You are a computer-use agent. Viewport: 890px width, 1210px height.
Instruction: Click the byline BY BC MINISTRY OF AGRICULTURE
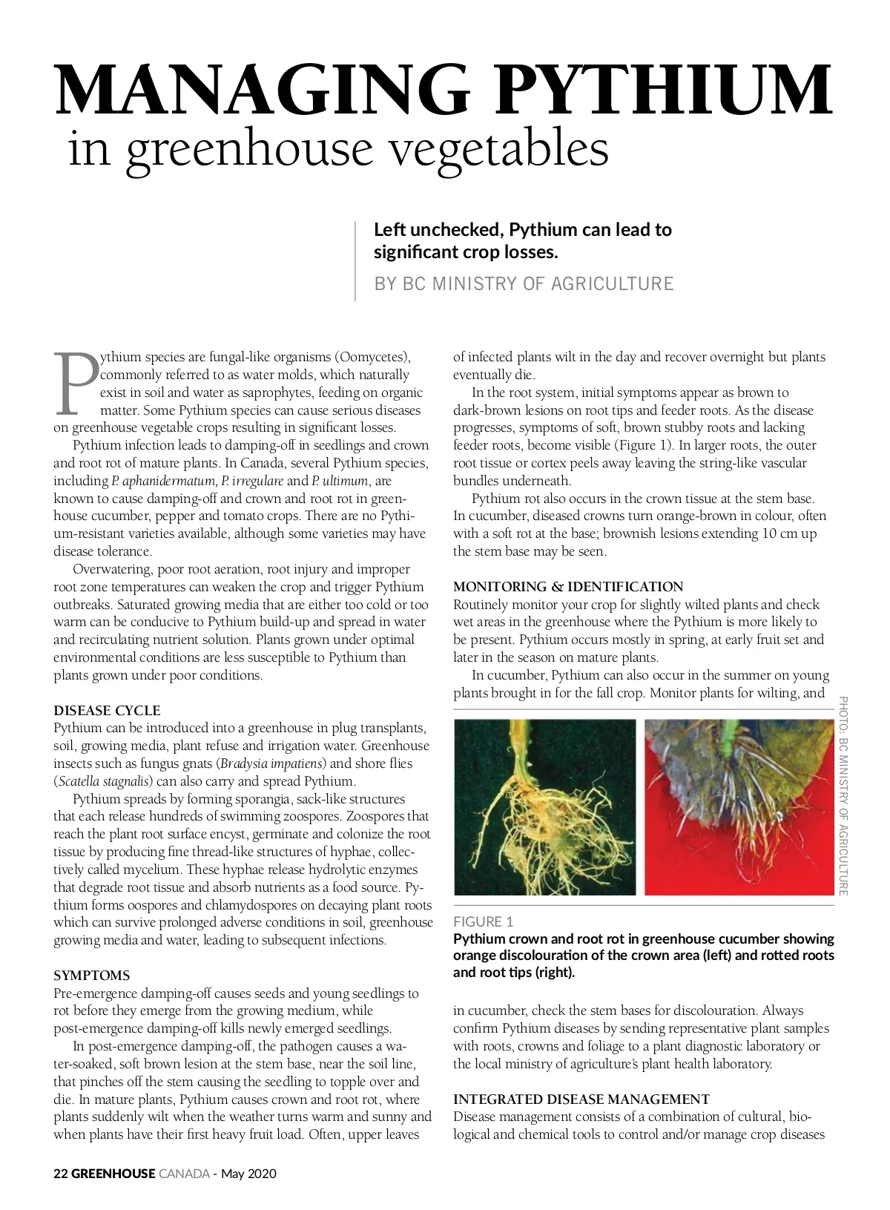(x=524, y=283)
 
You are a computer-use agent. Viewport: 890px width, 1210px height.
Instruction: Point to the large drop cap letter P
(x=75, y=383)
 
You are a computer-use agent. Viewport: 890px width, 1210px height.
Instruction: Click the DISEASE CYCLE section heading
(x=107, y=710)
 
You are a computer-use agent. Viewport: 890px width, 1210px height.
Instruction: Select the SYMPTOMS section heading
(x=91, y=975)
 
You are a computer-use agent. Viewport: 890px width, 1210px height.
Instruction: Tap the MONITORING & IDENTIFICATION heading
(x=568, y=586)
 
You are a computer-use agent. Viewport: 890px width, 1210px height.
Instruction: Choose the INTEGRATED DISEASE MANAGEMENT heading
(x=581, y=1099)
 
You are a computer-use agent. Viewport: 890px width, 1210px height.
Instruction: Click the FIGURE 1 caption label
(x=484, y=921)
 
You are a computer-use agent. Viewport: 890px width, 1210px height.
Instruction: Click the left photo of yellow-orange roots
(x=544, y=806)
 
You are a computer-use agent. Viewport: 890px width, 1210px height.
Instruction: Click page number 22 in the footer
(x=61, y=1174)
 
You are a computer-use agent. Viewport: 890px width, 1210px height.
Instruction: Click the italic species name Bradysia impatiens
(x=271, y=763)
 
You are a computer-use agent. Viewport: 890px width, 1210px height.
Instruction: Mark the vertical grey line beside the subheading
(x=355, y=260)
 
